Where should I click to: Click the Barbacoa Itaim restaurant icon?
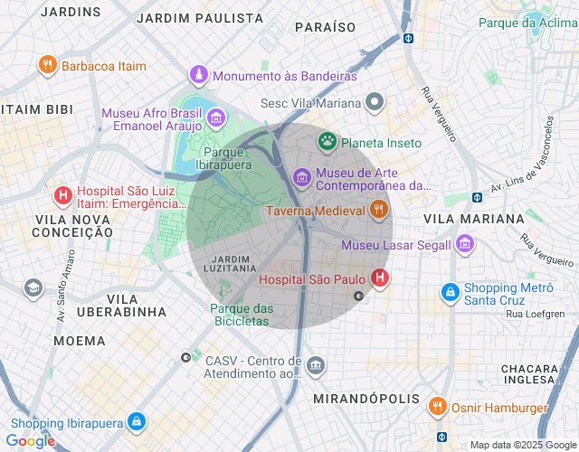tap(47, 65)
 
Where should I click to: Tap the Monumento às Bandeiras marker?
tap(198, 74)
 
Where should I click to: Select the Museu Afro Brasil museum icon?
tap(215, 118)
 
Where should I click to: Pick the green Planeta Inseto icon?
tap(326, 142)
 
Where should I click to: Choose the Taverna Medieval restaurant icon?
tap(379, 211)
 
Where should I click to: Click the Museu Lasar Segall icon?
tap(465, 244)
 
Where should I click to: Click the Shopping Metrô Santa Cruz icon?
tap(450, 293)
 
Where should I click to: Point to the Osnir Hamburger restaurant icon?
tap(437, 407)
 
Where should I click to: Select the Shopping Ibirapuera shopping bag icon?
tap(136, 422)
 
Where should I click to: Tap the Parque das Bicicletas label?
tap(242, 315)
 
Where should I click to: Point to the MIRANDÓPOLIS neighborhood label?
tap(365, 399)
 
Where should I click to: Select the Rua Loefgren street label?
tap(536, 314)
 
